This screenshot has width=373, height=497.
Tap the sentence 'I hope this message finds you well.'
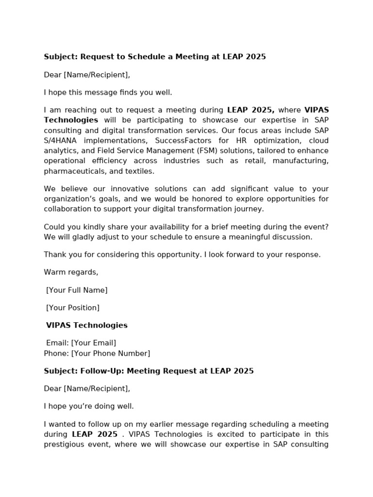click(x=108, y=92)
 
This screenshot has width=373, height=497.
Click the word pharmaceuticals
click(x=73, y=171)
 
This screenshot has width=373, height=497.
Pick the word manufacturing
click(x=301, y=161)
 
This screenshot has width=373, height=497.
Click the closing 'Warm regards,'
click(x=71, y=272)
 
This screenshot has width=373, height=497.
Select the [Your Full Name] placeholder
click(x=77, y=290)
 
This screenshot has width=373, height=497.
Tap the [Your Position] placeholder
click(x=73, y=308)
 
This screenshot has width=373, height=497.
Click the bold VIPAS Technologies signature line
click(x=86, y=325)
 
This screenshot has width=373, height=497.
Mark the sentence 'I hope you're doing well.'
click(x=88, y=406)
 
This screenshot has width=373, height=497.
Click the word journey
click(x=247, y=209)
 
